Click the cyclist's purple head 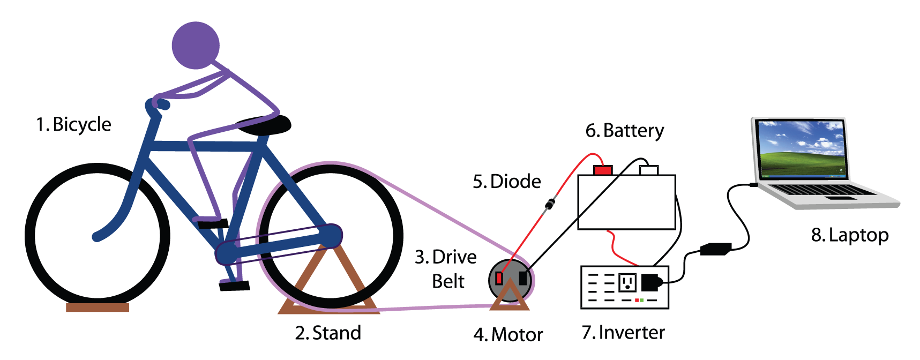(196, 46)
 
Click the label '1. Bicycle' (73, 124)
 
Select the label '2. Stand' (328, 333)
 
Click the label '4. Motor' (508, 335)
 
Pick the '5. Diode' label (506, 182)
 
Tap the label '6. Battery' (624, 131)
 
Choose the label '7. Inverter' (623, 333)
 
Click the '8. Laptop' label (850, 235)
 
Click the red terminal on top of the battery (603, 170)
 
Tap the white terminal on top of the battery (649, 170)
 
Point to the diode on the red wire (550, 204)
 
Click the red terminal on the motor (499, 278)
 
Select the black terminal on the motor (522, 277)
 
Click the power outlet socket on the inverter (627, 282)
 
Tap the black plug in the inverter (650, 282)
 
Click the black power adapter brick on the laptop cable (715, 249)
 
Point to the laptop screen (802, 148)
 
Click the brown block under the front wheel (98, 307)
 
